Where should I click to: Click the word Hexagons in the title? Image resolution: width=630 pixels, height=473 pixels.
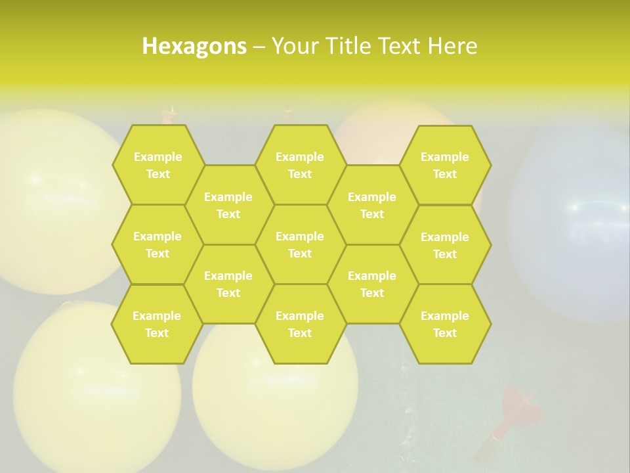click(x=194, y=46)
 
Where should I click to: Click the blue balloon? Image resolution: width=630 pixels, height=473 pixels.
click(x=571, y=223)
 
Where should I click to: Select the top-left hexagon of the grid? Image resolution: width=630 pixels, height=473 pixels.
click(x=157, y=165)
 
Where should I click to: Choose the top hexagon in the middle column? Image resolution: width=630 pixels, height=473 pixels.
click(x=300, y=165)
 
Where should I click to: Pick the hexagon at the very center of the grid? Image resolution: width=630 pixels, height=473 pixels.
click(x=300, y=244)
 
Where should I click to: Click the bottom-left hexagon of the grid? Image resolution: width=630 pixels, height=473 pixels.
click(x=157, y=324)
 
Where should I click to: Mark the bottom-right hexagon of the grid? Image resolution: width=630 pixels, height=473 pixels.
click(x=445, y=324)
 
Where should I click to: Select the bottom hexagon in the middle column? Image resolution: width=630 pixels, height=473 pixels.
click(x=300, y=324)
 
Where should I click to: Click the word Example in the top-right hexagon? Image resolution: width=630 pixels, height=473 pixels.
click(x=445, y=157)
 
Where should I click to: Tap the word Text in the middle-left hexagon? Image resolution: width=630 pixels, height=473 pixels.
click(x=157, y=254)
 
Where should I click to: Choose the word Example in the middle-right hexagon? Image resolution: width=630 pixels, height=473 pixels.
click(x=445, y=236)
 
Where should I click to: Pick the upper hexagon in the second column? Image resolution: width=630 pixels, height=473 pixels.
click(x=228, y=205)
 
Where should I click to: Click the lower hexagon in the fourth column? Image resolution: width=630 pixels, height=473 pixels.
click(x=372, y=284)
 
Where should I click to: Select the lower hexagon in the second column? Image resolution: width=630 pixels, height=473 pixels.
click(x=228, y=284)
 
